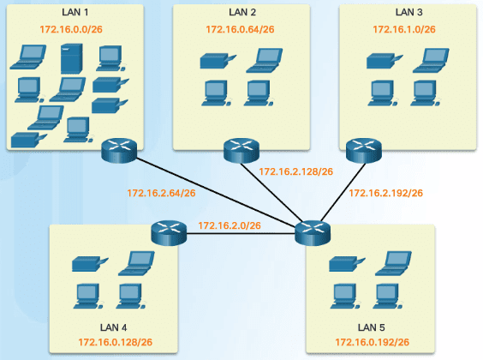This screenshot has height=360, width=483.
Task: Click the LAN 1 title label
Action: [x=75, y=12]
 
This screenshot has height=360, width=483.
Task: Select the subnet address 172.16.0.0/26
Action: [x=71, y=29]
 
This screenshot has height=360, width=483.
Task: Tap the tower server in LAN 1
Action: [x=71, y=58]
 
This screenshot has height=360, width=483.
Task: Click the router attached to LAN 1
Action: [x=119, y=150]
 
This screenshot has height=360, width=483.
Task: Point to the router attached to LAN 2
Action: [x=241, y=150]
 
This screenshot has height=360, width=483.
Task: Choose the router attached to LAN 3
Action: [x=364, y=150]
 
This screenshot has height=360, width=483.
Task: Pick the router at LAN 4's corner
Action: [x=169, y=233]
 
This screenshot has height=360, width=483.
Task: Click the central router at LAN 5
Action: [x=313, y=233]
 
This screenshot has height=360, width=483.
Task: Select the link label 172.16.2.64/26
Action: [x=161, y=193]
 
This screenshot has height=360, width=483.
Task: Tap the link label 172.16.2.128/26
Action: [x=295, y=171]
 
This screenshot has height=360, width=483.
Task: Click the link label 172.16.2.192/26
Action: [x=385, y=193]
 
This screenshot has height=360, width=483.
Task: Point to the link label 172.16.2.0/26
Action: [x=230, y=225]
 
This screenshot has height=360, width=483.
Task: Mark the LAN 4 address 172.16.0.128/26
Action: [x=116, y=342]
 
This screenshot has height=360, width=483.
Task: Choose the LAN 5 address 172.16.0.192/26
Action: [x=373, y=342]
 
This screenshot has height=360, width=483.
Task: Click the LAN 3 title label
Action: [x=408, y=12]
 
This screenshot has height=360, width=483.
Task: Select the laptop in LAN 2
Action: [x=265, y=60]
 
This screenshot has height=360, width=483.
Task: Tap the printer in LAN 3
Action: [x=385, y=61]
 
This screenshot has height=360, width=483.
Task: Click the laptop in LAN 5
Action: [x=393, y=263]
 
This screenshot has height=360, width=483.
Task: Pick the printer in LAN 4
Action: [x=90, y=264]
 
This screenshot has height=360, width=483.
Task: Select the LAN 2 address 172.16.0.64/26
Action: [x=240, y=29]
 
